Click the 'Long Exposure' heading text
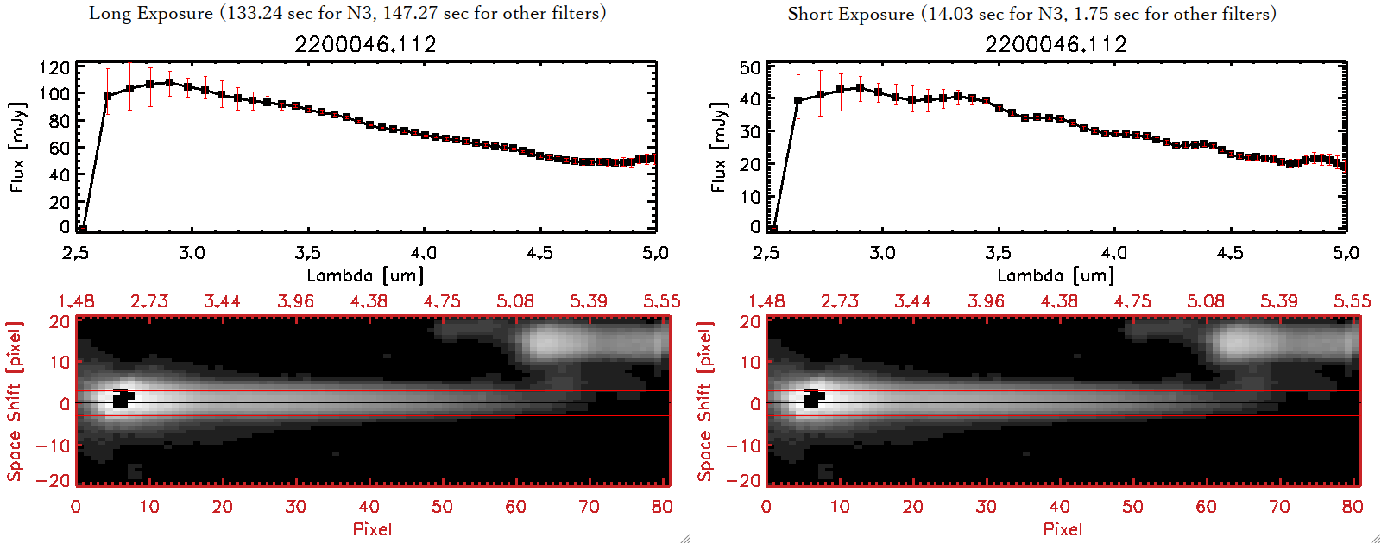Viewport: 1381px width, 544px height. (x=151, y=13)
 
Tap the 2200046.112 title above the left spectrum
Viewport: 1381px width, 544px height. (x=365, y=44)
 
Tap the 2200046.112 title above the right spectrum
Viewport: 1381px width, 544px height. (x=1056, y=44)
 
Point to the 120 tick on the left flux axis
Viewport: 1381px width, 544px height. (x=54, y=67)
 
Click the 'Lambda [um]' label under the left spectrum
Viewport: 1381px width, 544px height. (x=365, y=275)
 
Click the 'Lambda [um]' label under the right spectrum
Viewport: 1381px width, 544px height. (x=1056, y=275)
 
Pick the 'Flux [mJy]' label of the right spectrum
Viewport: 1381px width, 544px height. (x=718, y=147)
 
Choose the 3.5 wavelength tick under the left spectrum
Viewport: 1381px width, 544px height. (x=307, y=253)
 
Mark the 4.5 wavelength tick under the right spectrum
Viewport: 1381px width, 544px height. (x=1230, y=253)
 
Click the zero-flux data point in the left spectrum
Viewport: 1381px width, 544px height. (x=82, y=229)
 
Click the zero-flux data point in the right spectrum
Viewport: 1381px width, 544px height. (x=772, y=229)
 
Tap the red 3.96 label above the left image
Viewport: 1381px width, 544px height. (x=295, y=301)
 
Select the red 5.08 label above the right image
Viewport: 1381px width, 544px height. (x=1205, y=301)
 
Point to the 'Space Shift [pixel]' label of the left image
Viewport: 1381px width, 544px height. (x=14, y=402)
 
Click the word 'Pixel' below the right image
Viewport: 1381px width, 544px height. (x=1063, y=528)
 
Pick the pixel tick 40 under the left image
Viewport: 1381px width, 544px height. (x=369, y=507)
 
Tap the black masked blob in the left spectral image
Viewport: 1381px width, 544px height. (x=122, y=399)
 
